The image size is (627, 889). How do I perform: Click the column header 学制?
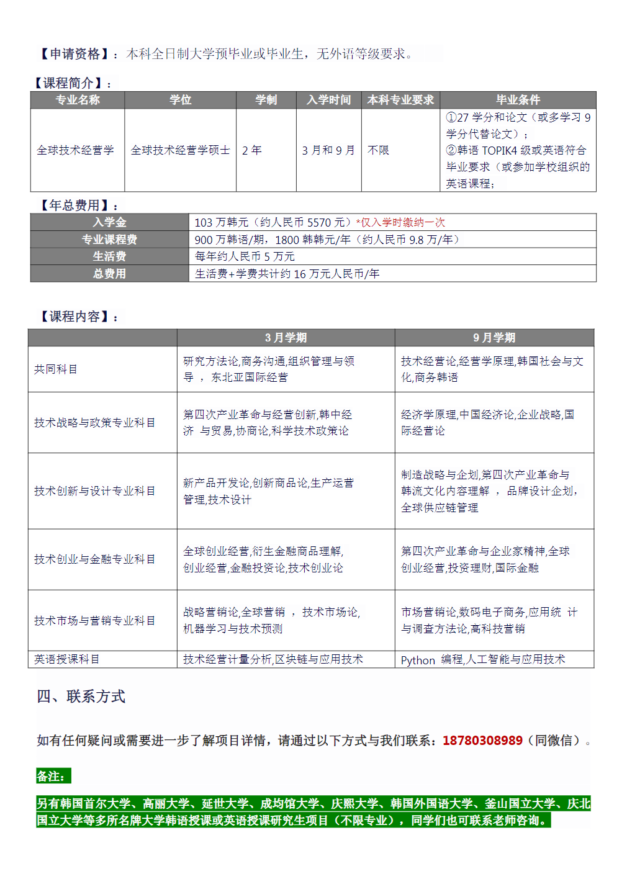click(x=266, y=100)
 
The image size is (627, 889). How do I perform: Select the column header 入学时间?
click(x=328, y=100)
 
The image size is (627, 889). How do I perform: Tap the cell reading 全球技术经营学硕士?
click(x=180, y=150)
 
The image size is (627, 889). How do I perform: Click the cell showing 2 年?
click(x=252, y=150)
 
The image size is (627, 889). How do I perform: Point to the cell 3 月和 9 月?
click(x=328, y=150)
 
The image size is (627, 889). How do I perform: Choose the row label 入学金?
click(x=109, y=222)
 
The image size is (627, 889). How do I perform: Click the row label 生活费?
click(x=109, y=256)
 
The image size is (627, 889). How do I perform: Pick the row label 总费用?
click(x=109, y=274)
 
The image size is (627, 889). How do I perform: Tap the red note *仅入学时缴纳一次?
click(x=400, y=222)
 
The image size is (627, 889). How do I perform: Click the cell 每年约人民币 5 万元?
click(x=245, y=256)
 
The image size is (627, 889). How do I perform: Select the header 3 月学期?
click(x=286, y=338)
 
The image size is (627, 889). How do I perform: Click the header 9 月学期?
click(x=494, y=338)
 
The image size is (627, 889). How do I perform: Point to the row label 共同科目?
click(x=56, y=369)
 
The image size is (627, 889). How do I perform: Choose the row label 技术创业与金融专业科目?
click(x=94, y=559)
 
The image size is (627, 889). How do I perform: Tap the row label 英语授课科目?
click(x=66, y=659)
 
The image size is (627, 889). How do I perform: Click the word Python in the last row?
click(x=418, y=660)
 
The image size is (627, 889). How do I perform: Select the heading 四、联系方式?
click(x=81, y=697)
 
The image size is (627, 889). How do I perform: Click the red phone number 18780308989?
click(x=482, y=741)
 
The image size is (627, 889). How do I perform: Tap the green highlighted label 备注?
click(x=53, y=776)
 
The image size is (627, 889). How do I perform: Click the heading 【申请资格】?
click(x=74, y=54)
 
